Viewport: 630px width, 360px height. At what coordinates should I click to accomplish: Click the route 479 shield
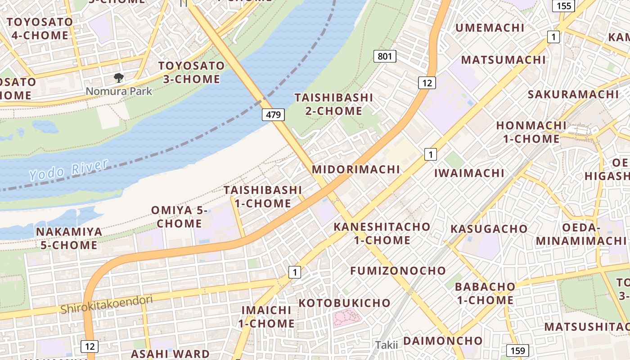[274, 115]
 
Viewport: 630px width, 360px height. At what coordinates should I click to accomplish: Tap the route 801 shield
[385, 56]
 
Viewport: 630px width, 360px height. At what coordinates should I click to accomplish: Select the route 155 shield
[563, 6]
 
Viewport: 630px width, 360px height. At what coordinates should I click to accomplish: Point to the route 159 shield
[517, 351]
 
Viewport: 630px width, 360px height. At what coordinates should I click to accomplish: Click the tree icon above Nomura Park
[119, 78]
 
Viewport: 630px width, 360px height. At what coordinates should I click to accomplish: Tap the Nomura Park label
[119, 91]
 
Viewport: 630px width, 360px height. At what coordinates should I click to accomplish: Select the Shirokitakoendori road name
[107, 304]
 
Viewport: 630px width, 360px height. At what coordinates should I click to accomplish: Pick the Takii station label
[387, 345]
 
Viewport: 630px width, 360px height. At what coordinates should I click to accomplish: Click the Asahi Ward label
[170, 354]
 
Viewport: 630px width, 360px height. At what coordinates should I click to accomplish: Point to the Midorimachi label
[356, 169]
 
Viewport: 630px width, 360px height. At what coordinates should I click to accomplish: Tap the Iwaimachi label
[469, 173]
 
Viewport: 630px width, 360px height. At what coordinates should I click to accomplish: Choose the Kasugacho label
[489, 229]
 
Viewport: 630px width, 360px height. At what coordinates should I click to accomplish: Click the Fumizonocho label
[398, 270]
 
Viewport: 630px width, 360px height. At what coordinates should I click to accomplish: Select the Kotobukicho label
[344, 303]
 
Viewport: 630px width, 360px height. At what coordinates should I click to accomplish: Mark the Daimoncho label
[443, 341]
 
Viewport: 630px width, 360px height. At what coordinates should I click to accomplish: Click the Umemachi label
[490, 28]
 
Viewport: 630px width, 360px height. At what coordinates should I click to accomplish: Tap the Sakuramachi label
[573, 94]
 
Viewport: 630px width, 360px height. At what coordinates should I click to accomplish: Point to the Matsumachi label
[503, 60]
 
